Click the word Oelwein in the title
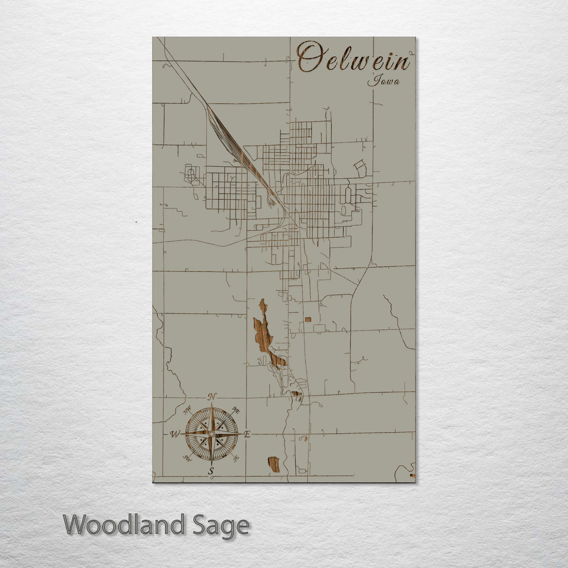tap(353, 58)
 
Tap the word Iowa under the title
tap(383, 81)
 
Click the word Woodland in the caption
tap(124, 525)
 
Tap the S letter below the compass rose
tap(211, 471)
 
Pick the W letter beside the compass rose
tap(175, 434)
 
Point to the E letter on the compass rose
tap(247, 434)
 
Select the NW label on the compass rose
tap(187, 410)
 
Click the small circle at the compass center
tap(211, 434)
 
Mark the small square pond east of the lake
tap(308, 319)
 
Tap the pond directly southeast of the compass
tap(273, 464)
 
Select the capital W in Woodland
tap(77, 525)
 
